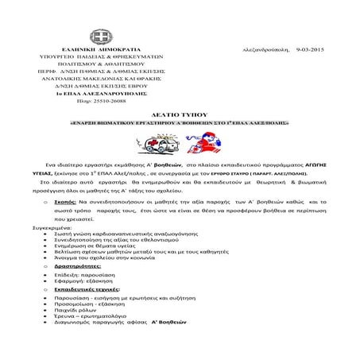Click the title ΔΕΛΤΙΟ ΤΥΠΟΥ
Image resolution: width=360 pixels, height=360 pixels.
click(179, 116)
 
